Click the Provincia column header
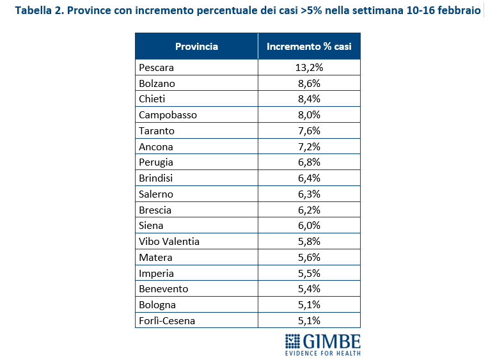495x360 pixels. pos(196,47)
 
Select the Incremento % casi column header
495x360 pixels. pos(309,47)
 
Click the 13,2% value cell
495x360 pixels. pos(309,67)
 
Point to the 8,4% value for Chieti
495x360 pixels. pos(309,99)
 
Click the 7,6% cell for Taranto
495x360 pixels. pos(309,130)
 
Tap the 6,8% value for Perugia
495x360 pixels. pos(309,162)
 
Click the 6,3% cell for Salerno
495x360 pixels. pos(309,194)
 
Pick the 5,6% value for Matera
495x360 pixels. pos(309,257)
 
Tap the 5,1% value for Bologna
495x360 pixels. pos(309,305)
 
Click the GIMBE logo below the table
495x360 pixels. pos(322,344)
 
